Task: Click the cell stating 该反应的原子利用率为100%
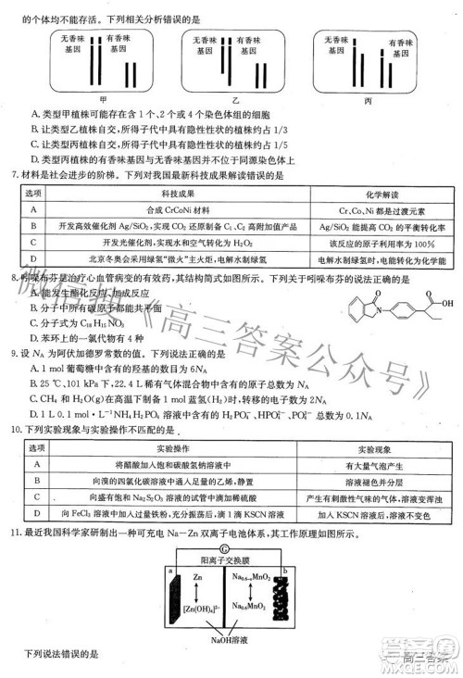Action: [375, 241]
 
